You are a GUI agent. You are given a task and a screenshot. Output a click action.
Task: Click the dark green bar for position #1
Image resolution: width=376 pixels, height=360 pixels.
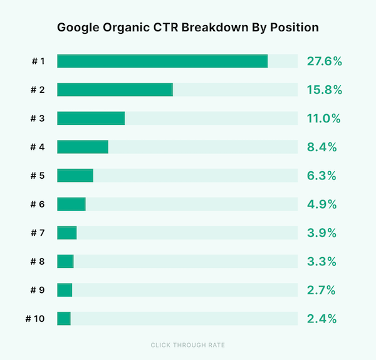click(162, 61)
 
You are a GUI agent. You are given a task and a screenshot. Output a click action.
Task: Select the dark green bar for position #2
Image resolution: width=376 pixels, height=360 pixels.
click(115, 90)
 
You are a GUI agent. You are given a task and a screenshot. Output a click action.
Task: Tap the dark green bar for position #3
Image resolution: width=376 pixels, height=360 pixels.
click(91, 119)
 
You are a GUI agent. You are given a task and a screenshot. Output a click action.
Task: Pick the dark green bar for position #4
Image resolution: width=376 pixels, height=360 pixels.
click(83, 147)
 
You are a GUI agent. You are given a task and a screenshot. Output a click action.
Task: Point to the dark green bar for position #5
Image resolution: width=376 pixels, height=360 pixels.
click(75, 176)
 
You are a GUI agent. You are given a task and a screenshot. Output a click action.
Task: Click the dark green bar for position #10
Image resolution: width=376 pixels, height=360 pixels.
click(64, 319)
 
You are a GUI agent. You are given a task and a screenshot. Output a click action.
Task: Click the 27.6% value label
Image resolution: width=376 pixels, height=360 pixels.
click(324, 61)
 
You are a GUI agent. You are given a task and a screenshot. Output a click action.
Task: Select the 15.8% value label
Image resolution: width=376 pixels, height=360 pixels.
click(324, 90)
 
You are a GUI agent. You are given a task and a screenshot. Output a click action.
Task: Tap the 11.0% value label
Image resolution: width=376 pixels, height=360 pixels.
click(323, 119)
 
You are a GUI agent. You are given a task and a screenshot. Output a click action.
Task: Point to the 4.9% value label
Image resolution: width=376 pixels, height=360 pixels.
click(322, 204)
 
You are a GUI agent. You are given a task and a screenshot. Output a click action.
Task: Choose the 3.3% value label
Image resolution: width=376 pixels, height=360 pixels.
click(322, 262)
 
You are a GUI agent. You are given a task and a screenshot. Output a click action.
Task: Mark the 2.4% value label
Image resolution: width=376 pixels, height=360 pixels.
click(322, 319)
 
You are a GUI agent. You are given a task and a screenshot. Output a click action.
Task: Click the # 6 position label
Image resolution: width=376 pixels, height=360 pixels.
click(37, 204)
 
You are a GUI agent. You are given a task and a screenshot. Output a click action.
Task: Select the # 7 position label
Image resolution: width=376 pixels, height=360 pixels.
click(37, 233)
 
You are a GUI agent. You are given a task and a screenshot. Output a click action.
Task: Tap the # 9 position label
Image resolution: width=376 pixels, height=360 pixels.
click(37, 290)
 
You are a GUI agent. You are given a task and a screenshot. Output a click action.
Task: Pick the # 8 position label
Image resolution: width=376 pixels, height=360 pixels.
click(37, 262)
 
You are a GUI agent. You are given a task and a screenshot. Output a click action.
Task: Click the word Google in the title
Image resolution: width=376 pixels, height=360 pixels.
click(79, 28)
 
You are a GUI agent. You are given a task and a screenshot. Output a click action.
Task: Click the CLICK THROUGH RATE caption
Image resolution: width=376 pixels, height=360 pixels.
click(188, 345)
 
